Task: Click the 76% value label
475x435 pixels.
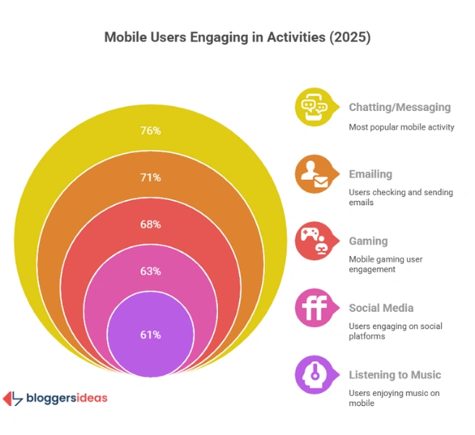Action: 151,131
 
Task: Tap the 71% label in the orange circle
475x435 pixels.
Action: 151,178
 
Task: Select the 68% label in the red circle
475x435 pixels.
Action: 151,225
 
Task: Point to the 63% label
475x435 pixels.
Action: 151,271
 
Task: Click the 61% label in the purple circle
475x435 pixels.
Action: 151,335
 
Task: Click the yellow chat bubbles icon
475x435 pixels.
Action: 312,107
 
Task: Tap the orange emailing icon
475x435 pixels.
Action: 312,174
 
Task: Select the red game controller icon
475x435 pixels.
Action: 312,241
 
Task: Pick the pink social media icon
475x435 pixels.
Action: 312,308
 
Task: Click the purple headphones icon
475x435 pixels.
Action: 312,376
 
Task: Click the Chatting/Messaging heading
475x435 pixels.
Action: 400,107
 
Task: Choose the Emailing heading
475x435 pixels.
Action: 371,174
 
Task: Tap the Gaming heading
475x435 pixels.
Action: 369,241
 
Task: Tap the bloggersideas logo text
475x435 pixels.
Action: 66,398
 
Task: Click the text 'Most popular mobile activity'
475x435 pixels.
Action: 401,127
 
